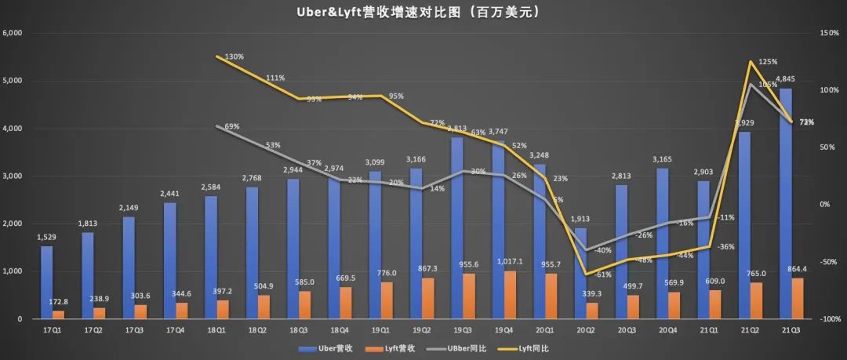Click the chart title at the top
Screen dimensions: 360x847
coord(423,13)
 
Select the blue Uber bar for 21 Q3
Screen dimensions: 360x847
coord(786,204)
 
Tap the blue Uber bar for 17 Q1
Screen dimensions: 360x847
coord(47,282)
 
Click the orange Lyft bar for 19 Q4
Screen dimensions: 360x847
coord(510,295)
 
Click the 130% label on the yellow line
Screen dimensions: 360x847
coord(234,57)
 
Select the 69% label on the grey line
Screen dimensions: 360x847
coord(232,126)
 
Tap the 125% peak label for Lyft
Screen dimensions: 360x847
coord(768,61)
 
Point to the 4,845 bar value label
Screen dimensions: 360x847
coord(787,78)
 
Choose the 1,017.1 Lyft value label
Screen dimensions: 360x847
coord(511,263)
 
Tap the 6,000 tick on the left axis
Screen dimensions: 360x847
coord(14,33)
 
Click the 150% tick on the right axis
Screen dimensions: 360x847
coord(830,33)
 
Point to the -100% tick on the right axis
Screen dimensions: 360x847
coord(830,319)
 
